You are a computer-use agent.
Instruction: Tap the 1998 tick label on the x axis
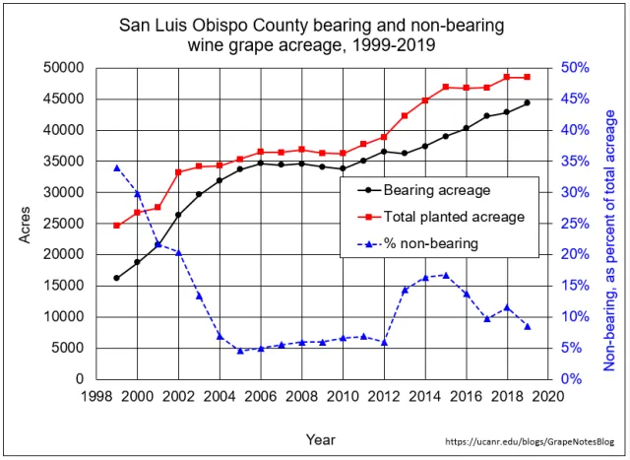coord(96,396)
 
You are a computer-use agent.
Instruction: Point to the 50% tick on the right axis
coord(575,68)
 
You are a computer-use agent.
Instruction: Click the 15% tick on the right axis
coord(575,286)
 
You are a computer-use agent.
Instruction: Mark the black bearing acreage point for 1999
coord(116,278)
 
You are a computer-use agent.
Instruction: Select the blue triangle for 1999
coord(116,167)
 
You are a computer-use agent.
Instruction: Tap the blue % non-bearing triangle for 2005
coord(240,351)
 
